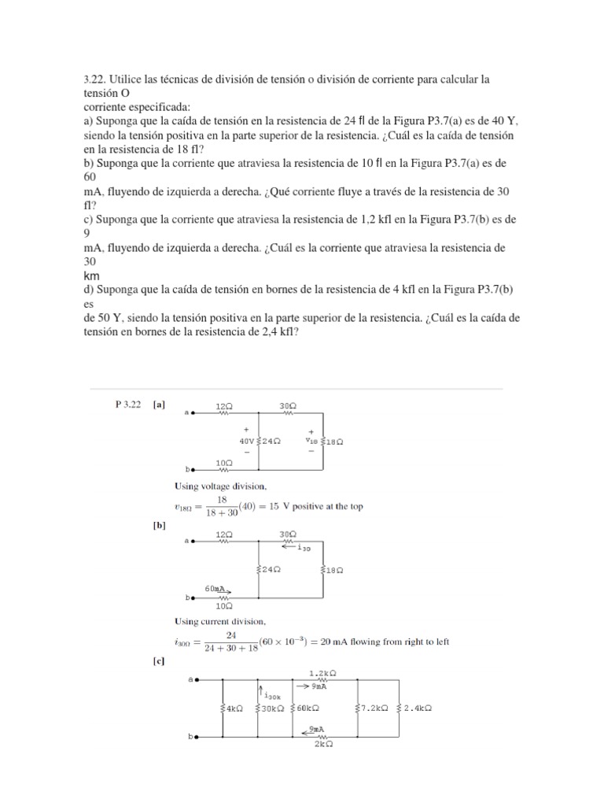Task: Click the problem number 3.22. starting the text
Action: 94,79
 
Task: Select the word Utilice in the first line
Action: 127,79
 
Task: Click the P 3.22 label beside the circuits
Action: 127,405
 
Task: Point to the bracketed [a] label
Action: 159,405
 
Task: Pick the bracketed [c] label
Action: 159,662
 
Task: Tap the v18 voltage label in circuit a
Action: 314,442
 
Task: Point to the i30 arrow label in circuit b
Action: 301,550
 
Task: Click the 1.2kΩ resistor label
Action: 323,673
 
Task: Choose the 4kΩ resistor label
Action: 234,708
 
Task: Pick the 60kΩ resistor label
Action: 307,708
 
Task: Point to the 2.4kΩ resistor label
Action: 418,708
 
